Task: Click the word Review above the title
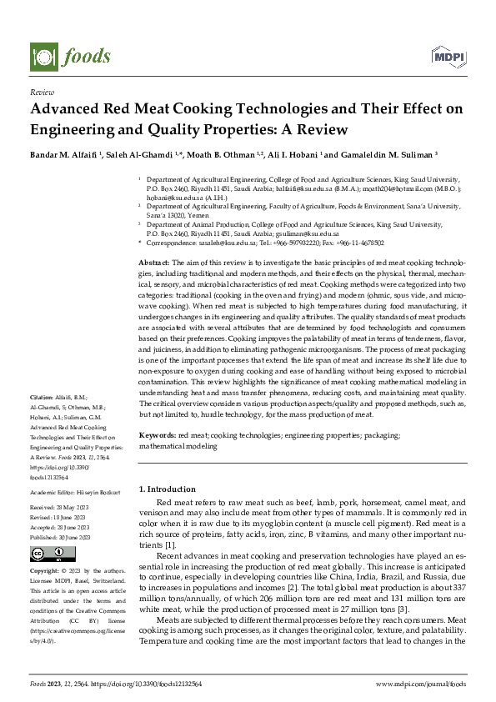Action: click(x=42, y=93)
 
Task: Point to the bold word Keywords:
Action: click(x=157, y=436)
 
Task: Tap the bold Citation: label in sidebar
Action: click(x=42, y=396)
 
